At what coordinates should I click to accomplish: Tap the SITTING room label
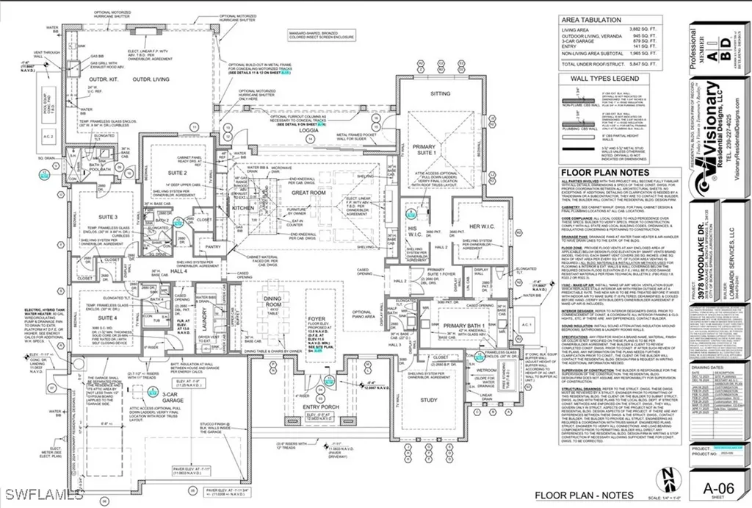[440, 94]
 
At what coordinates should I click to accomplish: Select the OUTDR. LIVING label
[151, 79]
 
